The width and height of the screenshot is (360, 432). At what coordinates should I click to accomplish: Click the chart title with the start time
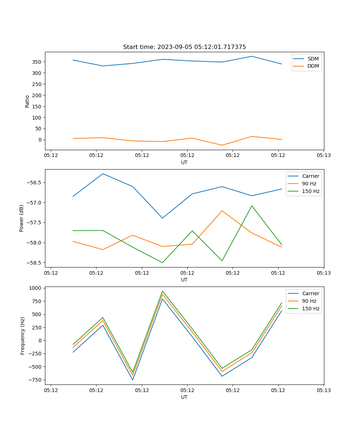point(184,47)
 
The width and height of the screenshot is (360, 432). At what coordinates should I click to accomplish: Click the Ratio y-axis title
point(27,101)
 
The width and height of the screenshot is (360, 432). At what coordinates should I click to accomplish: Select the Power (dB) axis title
point(22,218)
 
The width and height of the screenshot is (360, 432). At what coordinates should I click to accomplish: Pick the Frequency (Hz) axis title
point(23,336)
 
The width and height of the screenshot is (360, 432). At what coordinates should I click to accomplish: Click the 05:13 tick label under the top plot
point(324,156)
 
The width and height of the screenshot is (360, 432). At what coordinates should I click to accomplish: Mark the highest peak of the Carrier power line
point(103,174)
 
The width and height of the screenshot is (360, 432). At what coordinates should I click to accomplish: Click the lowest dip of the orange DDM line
point(222,145)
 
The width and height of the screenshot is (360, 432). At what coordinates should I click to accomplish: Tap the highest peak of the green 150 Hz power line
point(252,206)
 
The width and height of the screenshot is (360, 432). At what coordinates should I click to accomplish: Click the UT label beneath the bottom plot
point(184,397)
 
